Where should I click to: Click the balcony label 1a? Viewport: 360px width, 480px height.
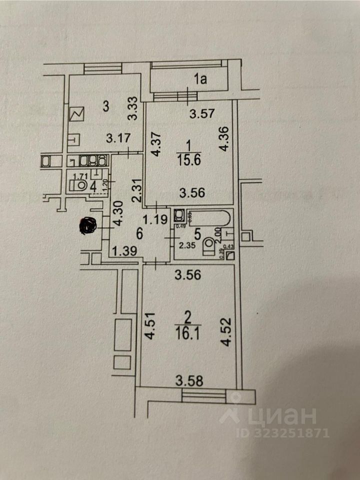200,78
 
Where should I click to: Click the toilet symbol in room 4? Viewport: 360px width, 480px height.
80,185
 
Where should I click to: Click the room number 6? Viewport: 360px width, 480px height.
140,232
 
